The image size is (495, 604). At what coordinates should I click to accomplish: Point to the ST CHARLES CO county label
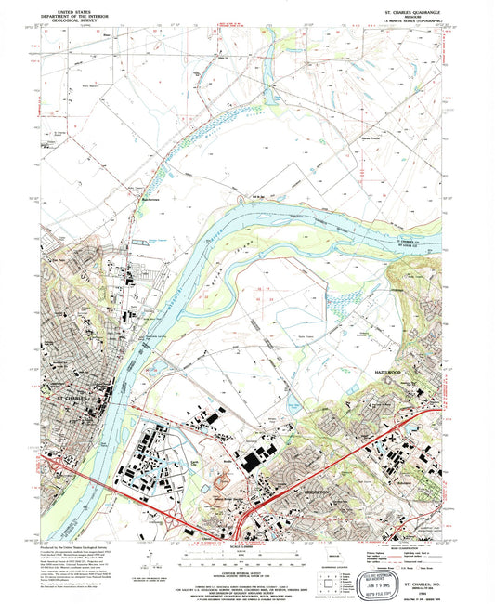click(410, 243)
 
